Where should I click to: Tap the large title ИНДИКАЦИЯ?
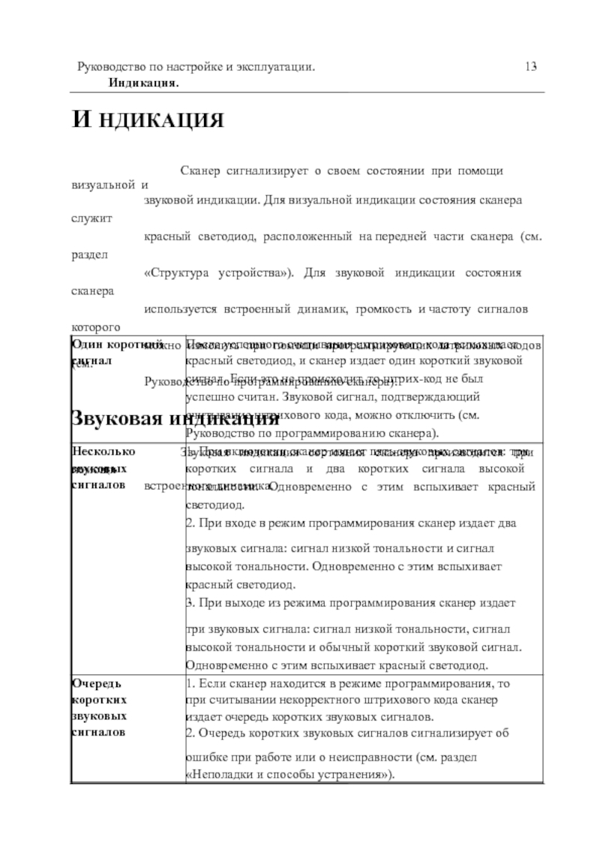[148, 121]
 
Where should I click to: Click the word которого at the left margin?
[95, 327]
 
